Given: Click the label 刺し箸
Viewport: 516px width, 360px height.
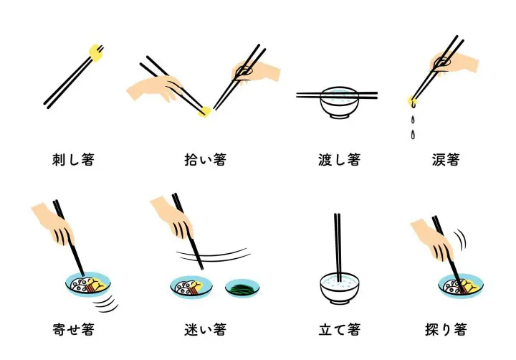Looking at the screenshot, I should [72, 160].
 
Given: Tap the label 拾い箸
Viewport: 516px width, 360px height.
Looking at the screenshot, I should [205, 160].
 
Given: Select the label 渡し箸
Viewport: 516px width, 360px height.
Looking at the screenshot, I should [338, 160].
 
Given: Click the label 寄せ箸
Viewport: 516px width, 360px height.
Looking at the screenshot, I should [72, 331].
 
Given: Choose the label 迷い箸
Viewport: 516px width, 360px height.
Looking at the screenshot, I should [205, 331].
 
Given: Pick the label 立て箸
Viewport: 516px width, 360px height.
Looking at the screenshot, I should [338, 331].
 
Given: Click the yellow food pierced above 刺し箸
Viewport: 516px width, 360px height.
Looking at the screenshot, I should [94, 50].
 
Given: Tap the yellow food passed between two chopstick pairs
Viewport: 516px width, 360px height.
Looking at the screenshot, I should [205, 111].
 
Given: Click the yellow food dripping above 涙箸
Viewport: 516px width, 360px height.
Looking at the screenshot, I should [411, 100].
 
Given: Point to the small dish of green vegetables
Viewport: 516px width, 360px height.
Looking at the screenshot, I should [241, 289].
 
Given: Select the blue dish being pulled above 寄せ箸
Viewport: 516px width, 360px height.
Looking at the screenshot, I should [87, 285].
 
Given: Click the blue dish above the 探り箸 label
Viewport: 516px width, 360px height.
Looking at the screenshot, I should [459, 286].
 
